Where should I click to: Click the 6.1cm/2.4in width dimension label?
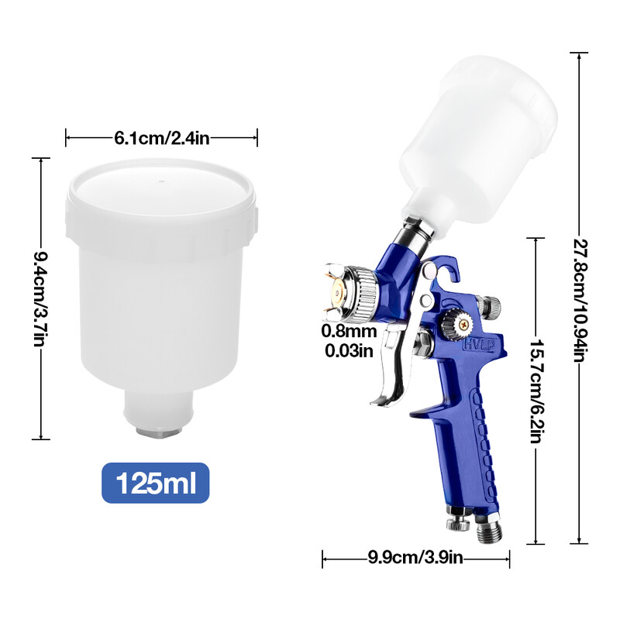click(161, 138)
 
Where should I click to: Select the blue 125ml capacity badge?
click(156, 483)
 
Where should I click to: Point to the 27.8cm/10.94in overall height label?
click(578, 298)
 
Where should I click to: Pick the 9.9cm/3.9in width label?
click(417, 556)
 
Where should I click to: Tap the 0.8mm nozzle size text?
click(350, 332)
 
